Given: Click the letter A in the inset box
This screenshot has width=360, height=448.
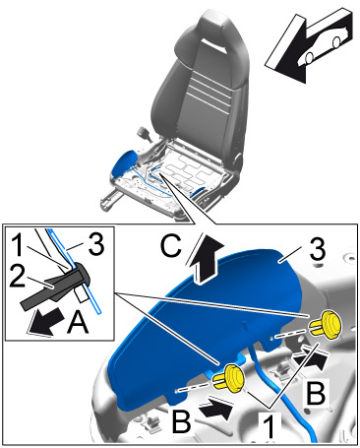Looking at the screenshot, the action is (78, 323).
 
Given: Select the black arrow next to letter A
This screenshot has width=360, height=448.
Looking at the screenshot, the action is (45, 323).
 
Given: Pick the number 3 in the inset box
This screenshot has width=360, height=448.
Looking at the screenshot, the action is (95, 244).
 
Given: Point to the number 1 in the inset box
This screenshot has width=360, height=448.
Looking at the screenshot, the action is (17, 244).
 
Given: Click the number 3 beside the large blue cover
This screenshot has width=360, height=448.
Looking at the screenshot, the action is (317, 249).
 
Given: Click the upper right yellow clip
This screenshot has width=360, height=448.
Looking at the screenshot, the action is (327, 325).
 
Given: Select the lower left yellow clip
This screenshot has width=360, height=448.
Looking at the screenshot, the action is (229, 377).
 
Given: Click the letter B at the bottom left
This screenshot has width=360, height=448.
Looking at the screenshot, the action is (181, 421).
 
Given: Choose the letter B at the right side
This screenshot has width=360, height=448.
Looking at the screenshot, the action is (316, 393).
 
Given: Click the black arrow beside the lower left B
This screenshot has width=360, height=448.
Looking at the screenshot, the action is (218, 408).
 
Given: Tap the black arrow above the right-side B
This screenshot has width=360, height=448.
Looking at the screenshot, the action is (311, 357).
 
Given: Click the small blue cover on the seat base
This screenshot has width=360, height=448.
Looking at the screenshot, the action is (123, 162).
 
